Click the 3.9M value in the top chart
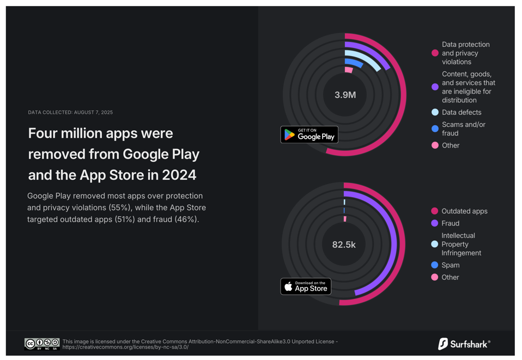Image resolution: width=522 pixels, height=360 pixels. (x=345, y=95)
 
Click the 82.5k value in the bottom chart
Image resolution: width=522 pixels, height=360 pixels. (x=344, y=245)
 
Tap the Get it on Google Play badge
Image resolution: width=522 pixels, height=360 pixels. (x=309, y=135)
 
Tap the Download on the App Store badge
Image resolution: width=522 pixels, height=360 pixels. (x=306, y=286)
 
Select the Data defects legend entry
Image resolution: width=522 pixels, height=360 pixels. (x=461, y=112)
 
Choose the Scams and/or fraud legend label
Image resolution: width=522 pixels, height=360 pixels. (x=463, y=129)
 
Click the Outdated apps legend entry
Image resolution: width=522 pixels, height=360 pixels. (x=464, y=211)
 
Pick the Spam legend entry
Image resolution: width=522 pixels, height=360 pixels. (x=450, y=265)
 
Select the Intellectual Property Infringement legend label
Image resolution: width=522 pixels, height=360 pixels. (x=461, y=244)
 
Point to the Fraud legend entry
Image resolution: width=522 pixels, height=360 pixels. (x=450, y=223)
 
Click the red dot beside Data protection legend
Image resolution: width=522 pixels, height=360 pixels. (x=435, y=53)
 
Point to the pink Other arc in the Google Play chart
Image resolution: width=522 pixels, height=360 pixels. (x=349, y=70)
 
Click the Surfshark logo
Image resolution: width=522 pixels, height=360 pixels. (x=464, y=344)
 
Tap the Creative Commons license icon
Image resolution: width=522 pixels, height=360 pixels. (x=42, y=344)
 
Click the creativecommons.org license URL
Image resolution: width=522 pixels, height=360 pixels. (x=125, y=347)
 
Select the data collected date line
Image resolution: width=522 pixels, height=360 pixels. (x=70, y=112)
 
